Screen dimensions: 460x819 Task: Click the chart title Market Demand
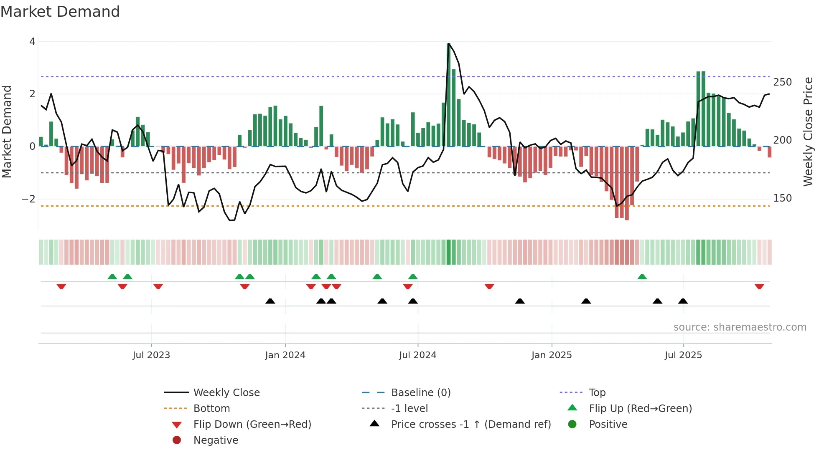coord(60,12)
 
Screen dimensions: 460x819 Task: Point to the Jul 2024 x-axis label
coord(417,355)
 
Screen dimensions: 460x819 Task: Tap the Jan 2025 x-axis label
coord(552,355)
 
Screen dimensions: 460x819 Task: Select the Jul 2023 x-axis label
coord(151,355)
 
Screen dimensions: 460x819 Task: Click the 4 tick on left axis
coord(32,41)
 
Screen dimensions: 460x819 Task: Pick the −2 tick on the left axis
coord(28,199)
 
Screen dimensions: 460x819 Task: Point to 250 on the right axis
coord(782,82)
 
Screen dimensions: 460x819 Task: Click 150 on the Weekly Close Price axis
coord(782,198)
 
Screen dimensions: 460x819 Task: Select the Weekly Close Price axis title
coord(808,131)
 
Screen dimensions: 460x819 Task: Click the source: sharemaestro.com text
coord(740,327)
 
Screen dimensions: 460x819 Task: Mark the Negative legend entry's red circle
coord(177,440)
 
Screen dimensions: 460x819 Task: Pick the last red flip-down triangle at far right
coord(759,286)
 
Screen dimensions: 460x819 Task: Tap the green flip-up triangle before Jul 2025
coord(642,277)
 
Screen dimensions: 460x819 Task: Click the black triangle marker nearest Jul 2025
coord(683,301)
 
